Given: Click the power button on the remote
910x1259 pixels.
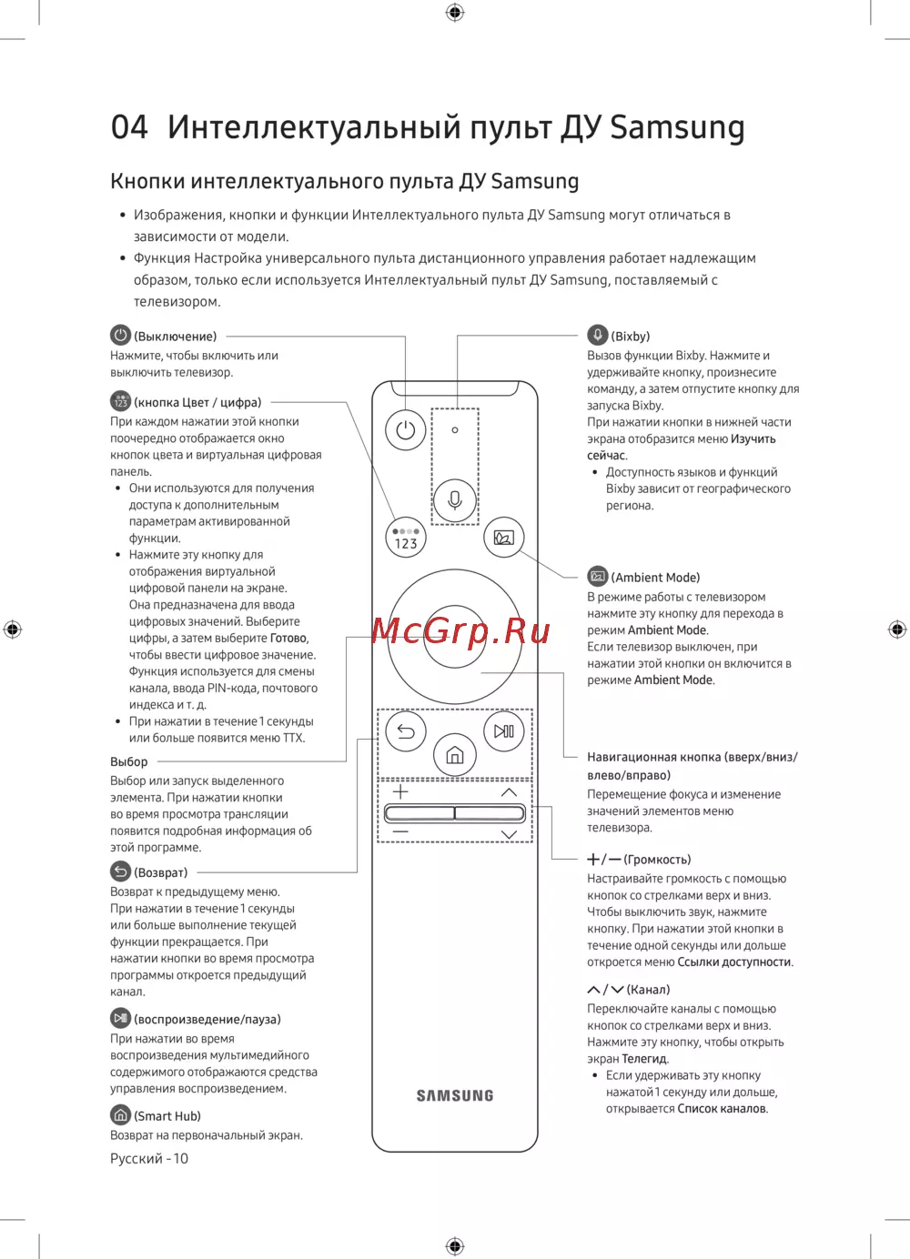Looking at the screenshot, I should point(406,430).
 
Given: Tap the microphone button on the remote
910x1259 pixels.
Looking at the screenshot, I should point(455,499).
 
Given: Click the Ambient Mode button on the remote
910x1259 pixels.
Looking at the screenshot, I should point(504,538).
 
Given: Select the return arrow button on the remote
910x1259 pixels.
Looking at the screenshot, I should point(406,731).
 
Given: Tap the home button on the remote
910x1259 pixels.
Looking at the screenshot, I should point(455,755).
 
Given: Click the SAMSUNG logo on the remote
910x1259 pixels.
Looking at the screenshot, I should point(455,1096).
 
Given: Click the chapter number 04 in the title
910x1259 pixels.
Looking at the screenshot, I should point(129,127).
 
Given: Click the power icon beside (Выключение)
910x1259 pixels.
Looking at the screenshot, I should point(120,336).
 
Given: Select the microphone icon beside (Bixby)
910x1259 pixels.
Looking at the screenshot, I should point(597,335).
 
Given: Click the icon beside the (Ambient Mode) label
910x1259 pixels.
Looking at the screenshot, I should point(597,577).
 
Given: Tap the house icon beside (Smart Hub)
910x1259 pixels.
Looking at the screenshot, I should point(120,1115).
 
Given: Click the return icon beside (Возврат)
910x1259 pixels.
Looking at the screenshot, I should point(120,871).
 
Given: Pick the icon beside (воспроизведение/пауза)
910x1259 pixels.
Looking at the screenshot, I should point(120,1019).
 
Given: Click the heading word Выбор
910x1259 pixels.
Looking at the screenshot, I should point(128,761).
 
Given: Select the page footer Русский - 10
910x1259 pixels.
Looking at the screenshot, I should point(149,1158).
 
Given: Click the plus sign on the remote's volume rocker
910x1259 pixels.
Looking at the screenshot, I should point(400,791).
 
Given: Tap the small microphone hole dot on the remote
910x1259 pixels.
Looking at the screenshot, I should point(455,430).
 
